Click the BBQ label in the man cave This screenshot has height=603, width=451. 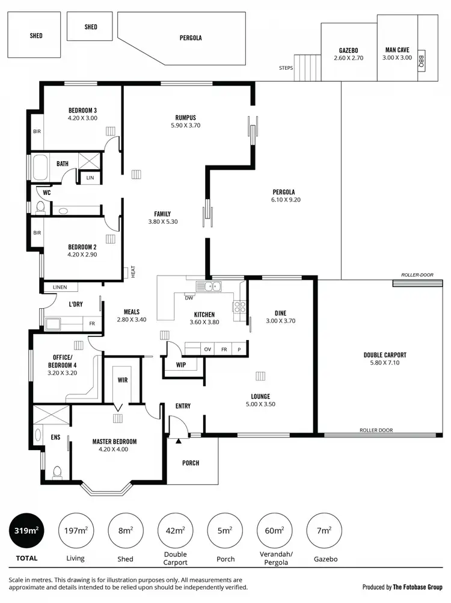pyautogui.click(x=421, y=61)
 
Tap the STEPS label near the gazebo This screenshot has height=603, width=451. pyautogui.click(x=286, y=68)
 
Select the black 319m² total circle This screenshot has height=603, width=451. pyautogui.click(x=26, y=531)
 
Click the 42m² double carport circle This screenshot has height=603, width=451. pyautogui.click(x=175, y=531)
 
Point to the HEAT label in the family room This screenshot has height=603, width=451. pyautogui.click(x=133, y=272)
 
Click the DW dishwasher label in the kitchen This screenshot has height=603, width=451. pyautogui.click(x=189, y=298)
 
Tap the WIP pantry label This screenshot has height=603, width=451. pyautogui.click(x=181, y=365)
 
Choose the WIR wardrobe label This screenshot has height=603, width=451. pyautogui.click(x=123, y=380)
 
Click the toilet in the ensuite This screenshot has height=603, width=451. pyautogui.click(x=58, y=472)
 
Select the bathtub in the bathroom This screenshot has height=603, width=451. pyautogui.click(x=40, y=168)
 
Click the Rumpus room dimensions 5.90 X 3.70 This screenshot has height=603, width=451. pyautogui.click(x=186, y=126)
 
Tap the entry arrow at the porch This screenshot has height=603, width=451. pyautogui.click(x=179, y=441)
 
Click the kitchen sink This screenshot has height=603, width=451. pyautogui.click(x=212, y=286)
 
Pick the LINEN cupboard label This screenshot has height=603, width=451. pyautogui.click(x=60, y=287)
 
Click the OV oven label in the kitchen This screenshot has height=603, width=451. pyautogui.click(x=208, y=349)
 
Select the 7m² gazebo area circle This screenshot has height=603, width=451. pyautogui.click(x=324, y=531)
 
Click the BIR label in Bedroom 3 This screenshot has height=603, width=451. pyautogui.click(x=37, y=131)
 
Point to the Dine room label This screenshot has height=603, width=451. pyautogui.click(x=280, y=313)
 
